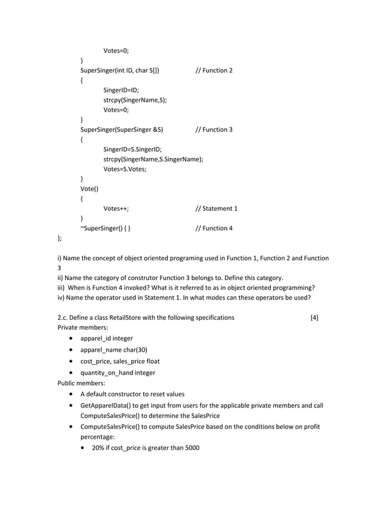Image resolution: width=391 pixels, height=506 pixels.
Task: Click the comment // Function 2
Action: [213, 70]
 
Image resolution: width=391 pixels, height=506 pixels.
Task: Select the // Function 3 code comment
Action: [213, 130]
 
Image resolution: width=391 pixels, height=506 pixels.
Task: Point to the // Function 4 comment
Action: [213, 228]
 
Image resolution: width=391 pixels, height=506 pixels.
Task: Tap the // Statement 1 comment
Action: [216, 209]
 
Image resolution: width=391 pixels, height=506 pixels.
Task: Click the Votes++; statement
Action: [116, 209]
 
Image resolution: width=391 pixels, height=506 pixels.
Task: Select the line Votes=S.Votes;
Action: [124, 169]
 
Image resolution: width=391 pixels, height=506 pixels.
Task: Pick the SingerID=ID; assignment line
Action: [121, 90]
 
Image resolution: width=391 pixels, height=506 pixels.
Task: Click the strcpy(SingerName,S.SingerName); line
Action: [153, 159]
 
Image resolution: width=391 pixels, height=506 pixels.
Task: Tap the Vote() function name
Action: [89, 189]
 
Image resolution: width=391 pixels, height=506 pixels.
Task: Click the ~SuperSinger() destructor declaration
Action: [105, 228]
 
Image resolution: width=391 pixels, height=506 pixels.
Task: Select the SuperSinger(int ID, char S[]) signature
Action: [120, 70]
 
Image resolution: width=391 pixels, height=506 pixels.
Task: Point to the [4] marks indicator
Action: [314, 317]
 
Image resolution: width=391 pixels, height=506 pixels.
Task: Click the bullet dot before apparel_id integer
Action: [74, 339]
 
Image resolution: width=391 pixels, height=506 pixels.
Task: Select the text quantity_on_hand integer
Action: [118, 372]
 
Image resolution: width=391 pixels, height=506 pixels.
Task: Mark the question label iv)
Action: [61, 298]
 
